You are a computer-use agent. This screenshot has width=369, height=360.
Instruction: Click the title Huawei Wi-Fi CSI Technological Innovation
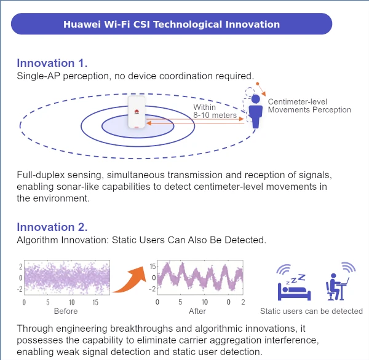(x=172, y=25)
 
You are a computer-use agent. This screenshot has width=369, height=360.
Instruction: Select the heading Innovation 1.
(x=52, y=63)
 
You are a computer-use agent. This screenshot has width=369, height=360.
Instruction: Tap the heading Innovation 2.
(x=52, y=227)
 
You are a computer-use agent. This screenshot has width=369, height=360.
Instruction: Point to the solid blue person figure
(x=257, y=112)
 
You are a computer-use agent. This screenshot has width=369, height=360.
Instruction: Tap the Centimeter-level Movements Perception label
(x=309, y=106)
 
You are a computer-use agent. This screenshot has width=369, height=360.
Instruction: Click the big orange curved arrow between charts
(x=132, y=279)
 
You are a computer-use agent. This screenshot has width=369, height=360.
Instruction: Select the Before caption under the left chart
(x=66, y=311)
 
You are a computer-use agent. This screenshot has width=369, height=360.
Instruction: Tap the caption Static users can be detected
(x=311, y=311)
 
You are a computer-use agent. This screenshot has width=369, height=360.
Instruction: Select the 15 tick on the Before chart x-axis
(x=95, y=303)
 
